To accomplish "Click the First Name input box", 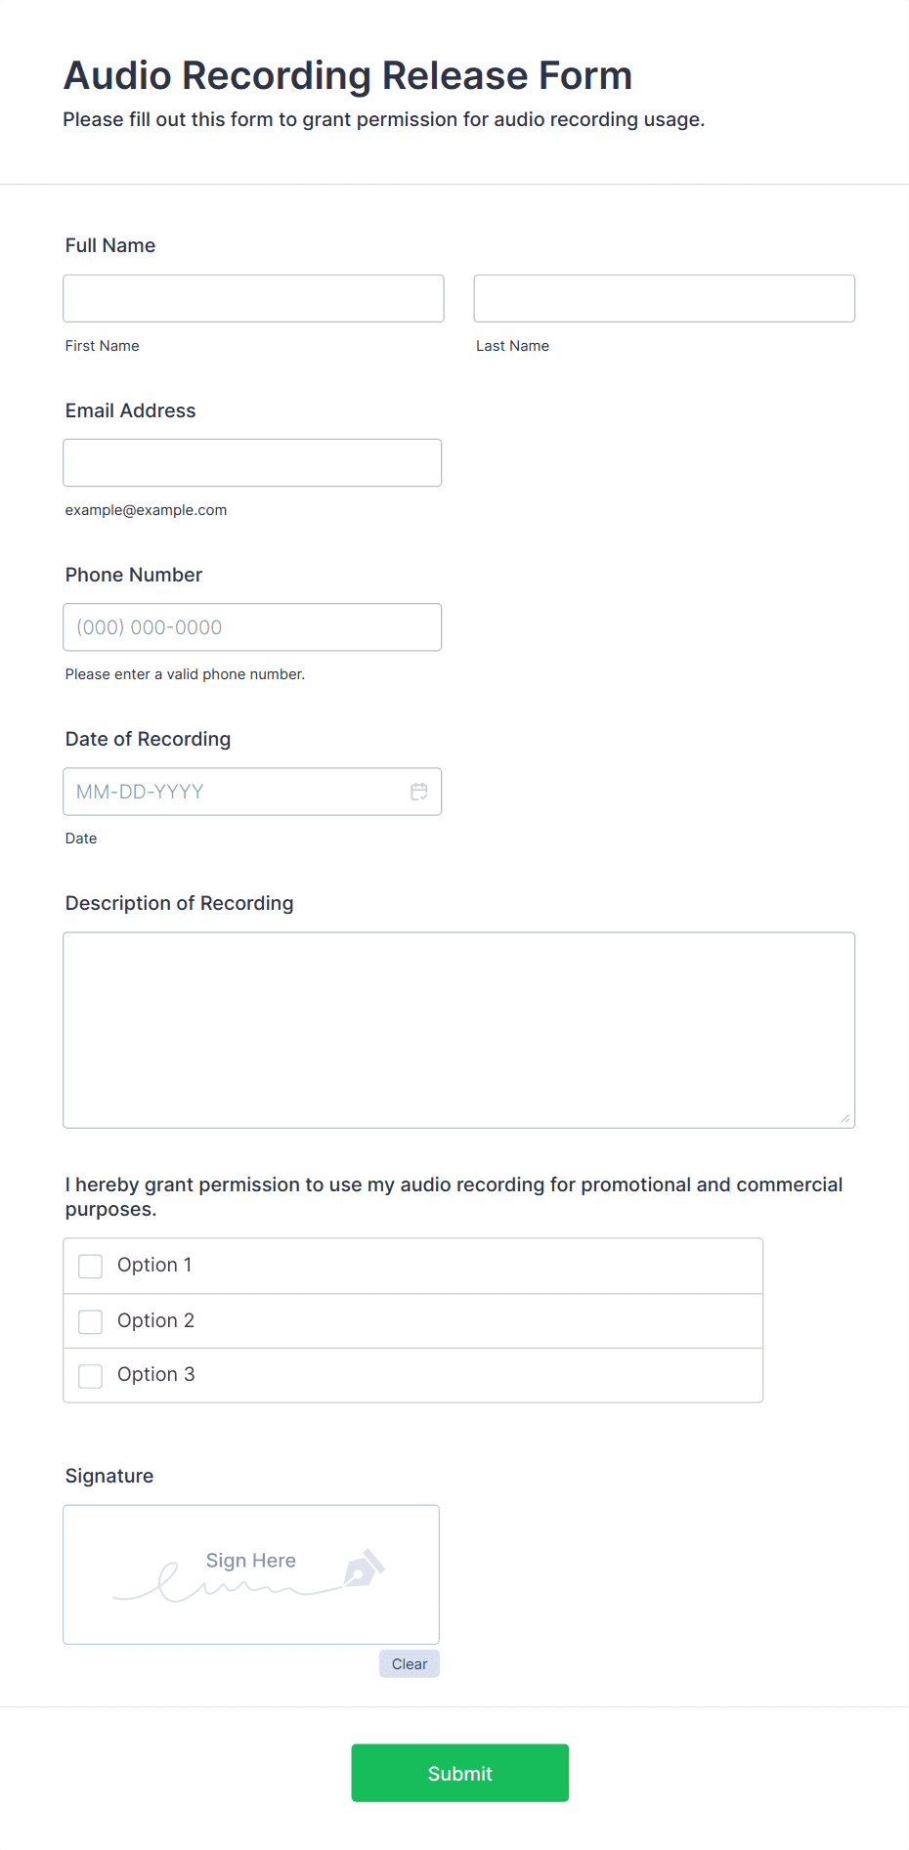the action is click(x=253, y=298).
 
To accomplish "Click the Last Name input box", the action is click(x=664, y=298).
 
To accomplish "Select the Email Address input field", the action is click(x=252, y=462).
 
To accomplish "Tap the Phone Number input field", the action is click(x=252, y=627).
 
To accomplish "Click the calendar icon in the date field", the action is click(x=419, y=792).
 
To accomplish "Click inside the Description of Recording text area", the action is click(x=458, y=1030).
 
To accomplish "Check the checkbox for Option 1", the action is click(x=91, y=1267).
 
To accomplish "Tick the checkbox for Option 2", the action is click(x=91, y=1321).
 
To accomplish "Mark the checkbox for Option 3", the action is click(x=91, y=1376).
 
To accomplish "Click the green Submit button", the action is click(x=459, y=1773).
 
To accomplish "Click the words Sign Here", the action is click(x=250, y=1561).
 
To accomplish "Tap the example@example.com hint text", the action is click(x=146, y=510).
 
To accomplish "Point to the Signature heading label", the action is click(x=109, y=1476).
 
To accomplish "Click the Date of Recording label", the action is click(x=148, y=739).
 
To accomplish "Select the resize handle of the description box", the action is click(x=845, y=1118).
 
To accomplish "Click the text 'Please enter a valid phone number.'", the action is click(x=185, y=674).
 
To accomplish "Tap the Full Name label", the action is click(x=110, y=245).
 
